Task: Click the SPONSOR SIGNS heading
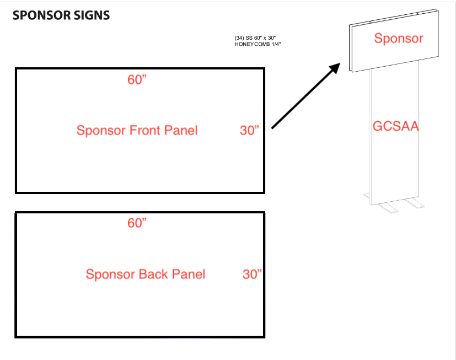[x=61, y=15]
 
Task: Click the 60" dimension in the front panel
[x=137, y=80]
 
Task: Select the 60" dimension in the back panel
[x=137, y=223]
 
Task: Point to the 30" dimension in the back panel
[x=252, y=274]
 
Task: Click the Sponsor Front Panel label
[x=137, y=131]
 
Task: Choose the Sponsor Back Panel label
[x=145, y=274]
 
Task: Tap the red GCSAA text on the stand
[x=396, y=126]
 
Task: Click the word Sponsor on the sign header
[x=399, y=38]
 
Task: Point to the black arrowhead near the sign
[x=334, y=69]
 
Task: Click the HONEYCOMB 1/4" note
[x=258, y=44]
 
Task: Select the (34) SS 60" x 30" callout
[x=255, y=37]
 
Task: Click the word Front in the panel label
[x=143, y=131]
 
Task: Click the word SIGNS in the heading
[x=92, y=15]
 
